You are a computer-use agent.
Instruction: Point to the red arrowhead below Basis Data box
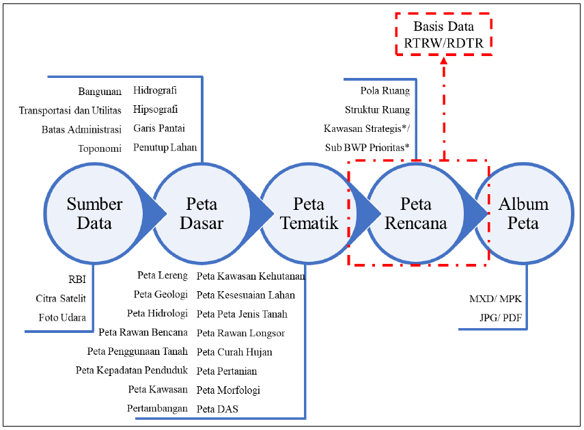pyautogui.click(x=443, y=60)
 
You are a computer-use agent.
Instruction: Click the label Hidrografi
pyautogui.click(x=155, y=90)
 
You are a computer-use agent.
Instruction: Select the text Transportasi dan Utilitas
pyautogui.click(x=70, y=110)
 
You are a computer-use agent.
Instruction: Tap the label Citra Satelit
pyautogui.click(x=61, y=299)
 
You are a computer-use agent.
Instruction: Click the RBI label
pyautogui.click(x=77, y=280)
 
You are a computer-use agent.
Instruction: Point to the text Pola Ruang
pyautogui.click(x=385, y=90)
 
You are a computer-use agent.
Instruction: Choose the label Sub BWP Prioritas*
pyautogui.click(x=367, y=148)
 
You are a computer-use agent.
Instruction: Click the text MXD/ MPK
pyautogui.click(x=495, y=299)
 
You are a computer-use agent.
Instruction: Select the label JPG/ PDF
pyautogui.click(x=501, y=318)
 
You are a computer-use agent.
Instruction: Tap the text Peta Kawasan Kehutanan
pyautogui.click(x=251, y=276)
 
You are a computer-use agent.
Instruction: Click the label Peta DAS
pyautogui.click(x=217, y=409)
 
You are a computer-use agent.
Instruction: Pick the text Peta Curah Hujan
pyautogui.click(x=234, y=352)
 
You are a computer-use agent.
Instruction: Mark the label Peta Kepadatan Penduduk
pyautogui.click(x=131, y=370)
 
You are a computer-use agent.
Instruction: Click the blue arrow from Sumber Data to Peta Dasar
pyautogui.click(x=151, y=213)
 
